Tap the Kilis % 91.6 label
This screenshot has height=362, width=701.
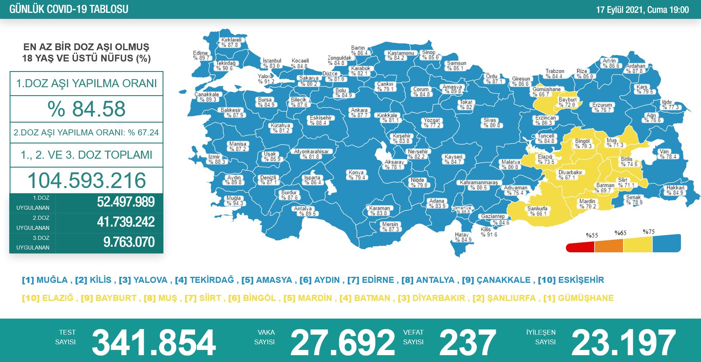click(x=489, y=232)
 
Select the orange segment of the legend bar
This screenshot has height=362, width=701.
click(x=609, y=245)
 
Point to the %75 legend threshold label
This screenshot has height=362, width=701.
click(x=648, y=232)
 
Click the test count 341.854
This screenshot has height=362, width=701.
click(x=154, y=342)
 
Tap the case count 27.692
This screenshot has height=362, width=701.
click(x=342, y=342)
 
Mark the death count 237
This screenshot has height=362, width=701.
click(x=468, y=342)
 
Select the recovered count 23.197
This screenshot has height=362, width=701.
click(x=624, y=342)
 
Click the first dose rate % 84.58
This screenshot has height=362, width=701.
click(x=86, y=109)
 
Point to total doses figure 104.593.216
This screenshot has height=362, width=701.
click(x=86, y=180)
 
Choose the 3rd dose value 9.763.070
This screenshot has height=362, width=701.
click(x=129, y=242)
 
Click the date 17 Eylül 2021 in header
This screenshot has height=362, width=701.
click(x=619, y=10)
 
